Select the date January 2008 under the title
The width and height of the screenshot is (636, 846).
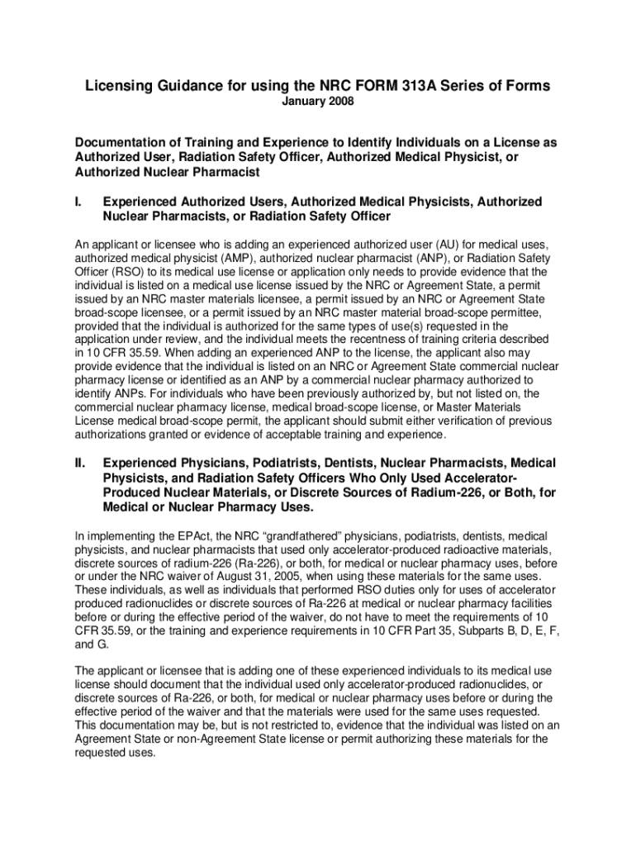[318, 102]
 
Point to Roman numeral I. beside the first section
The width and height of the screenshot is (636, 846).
[78, 202]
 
